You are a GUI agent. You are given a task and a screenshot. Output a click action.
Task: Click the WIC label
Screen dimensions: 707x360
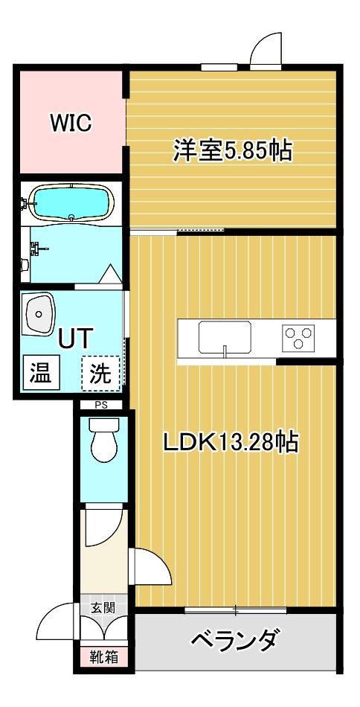(71, 123)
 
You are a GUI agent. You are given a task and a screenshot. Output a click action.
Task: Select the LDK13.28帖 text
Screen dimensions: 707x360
(231, 442)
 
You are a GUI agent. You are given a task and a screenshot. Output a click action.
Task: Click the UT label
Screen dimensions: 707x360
(74, 339)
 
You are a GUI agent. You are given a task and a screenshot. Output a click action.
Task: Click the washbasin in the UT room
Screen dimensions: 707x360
(38, 315)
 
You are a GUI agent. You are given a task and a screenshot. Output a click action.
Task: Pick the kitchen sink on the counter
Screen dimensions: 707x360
(224, 337)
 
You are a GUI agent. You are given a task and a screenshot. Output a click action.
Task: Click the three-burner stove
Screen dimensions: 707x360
(299, 337)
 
